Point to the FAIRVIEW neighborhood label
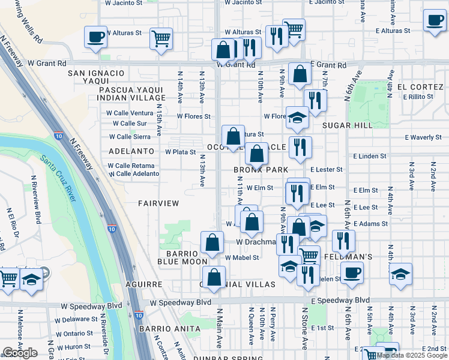pyautogui.click(x=158, y=203)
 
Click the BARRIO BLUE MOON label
pyautogui.click(x=182, y=257)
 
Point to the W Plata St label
pyautogui.click(x=181, y=152)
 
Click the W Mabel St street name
pyautogui.click(x=242, y=258)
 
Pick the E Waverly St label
pyautogui.click(x=423, y=137)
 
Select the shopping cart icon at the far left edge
pyautogui.click(x=8, y=278)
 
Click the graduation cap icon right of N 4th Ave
pyautogui.click(x=400, y=275)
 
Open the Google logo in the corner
pyautogui.click(x=20, y=353)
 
